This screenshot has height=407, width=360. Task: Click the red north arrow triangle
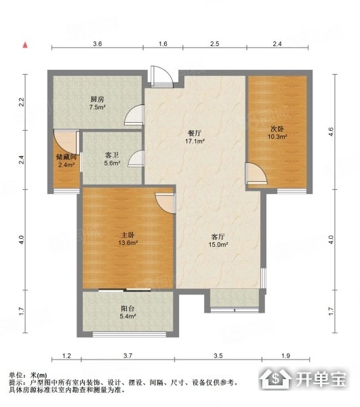(25, 45)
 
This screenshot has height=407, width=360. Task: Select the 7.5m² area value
(97, 107)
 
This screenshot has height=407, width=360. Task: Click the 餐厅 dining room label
(195, 134)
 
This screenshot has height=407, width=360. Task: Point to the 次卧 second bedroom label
(277, 129)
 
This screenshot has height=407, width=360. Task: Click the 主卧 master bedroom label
(127, 235)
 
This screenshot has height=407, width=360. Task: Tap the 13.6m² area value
(127, 244)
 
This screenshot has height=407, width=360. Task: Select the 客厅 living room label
(218, 237)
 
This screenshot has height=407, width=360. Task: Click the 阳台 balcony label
(127, 309)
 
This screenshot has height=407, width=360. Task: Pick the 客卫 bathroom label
(112, 155)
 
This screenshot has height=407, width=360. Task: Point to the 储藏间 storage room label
(66, 157)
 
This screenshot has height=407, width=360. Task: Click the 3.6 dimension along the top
(98, 44)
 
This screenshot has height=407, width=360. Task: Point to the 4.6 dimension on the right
(331, 132)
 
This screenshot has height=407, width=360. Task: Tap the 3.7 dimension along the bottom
(128, 355)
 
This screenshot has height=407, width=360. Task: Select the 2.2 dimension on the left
(22, 102)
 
